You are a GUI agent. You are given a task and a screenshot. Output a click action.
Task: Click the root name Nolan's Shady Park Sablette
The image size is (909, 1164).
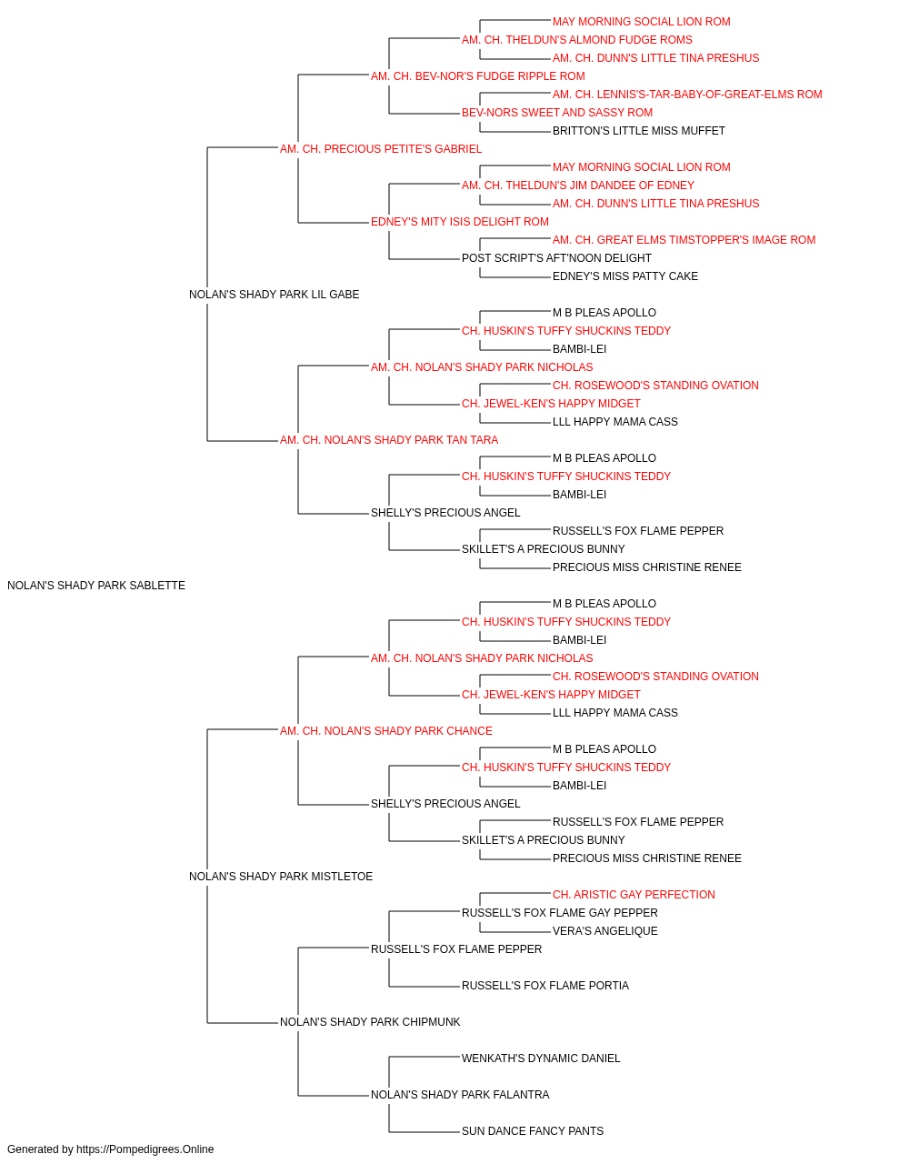click(96, 586)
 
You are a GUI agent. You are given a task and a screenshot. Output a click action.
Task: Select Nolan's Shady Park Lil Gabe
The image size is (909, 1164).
click(275, 295)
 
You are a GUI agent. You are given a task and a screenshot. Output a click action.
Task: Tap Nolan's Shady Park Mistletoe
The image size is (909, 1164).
click(281, 877)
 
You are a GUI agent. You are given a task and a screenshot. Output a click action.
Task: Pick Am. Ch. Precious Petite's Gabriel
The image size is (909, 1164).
click(381, 149)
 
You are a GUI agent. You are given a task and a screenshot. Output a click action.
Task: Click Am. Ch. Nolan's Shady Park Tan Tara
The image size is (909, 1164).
click(389, 440)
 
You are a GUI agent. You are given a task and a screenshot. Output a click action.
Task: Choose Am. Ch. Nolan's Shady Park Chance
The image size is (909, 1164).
click(386, 730)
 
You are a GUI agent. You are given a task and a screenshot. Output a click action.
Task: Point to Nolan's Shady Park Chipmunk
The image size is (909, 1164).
click(370, 1021)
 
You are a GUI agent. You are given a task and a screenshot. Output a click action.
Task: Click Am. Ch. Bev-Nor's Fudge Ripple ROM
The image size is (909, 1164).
click(477, 76)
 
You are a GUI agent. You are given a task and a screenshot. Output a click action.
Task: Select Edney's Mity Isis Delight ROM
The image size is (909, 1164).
click(460, 222)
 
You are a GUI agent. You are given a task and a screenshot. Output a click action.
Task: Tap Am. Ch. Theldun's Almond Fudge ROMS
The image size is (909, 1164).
click(577, 40)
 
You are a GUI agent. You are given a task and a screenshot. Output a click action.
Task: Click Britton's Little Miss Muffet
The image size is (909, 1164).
click(639, 131)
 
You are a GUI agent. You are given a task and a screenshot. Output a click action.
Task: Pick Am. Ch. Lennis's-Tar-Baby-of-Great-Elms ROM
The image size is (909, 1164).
click(687, 95)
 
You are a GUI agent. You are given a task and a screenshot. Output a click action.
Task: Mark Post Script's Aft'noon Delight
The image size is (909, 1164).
click(556, 258)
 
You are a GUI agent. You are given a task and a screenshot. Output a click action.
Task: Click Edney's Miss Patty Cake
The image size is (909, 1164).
click(625, 276)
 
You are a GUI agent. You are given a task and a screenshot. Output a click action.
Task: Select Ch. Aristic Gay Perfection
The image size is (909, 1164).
click(634, 895)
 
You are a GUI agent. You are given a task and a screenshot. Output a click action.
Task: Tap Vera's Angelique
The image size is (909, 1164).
click(604, 931)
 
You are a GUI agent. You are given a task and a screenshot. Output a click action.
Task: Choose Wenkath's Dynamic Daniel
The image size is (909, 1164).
click(541, 1058)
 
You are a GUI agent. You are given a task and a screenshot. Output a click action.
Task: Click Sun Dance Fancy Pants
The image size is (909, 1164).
click(533, 1130)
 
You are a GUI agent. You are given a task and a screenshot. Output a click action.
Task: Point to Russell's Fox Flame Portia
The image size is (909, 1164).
click(545, 985)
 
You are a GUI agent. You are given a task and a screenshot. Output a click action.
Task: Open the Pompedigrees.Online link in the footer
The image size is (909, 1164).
click(145, 1149)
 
